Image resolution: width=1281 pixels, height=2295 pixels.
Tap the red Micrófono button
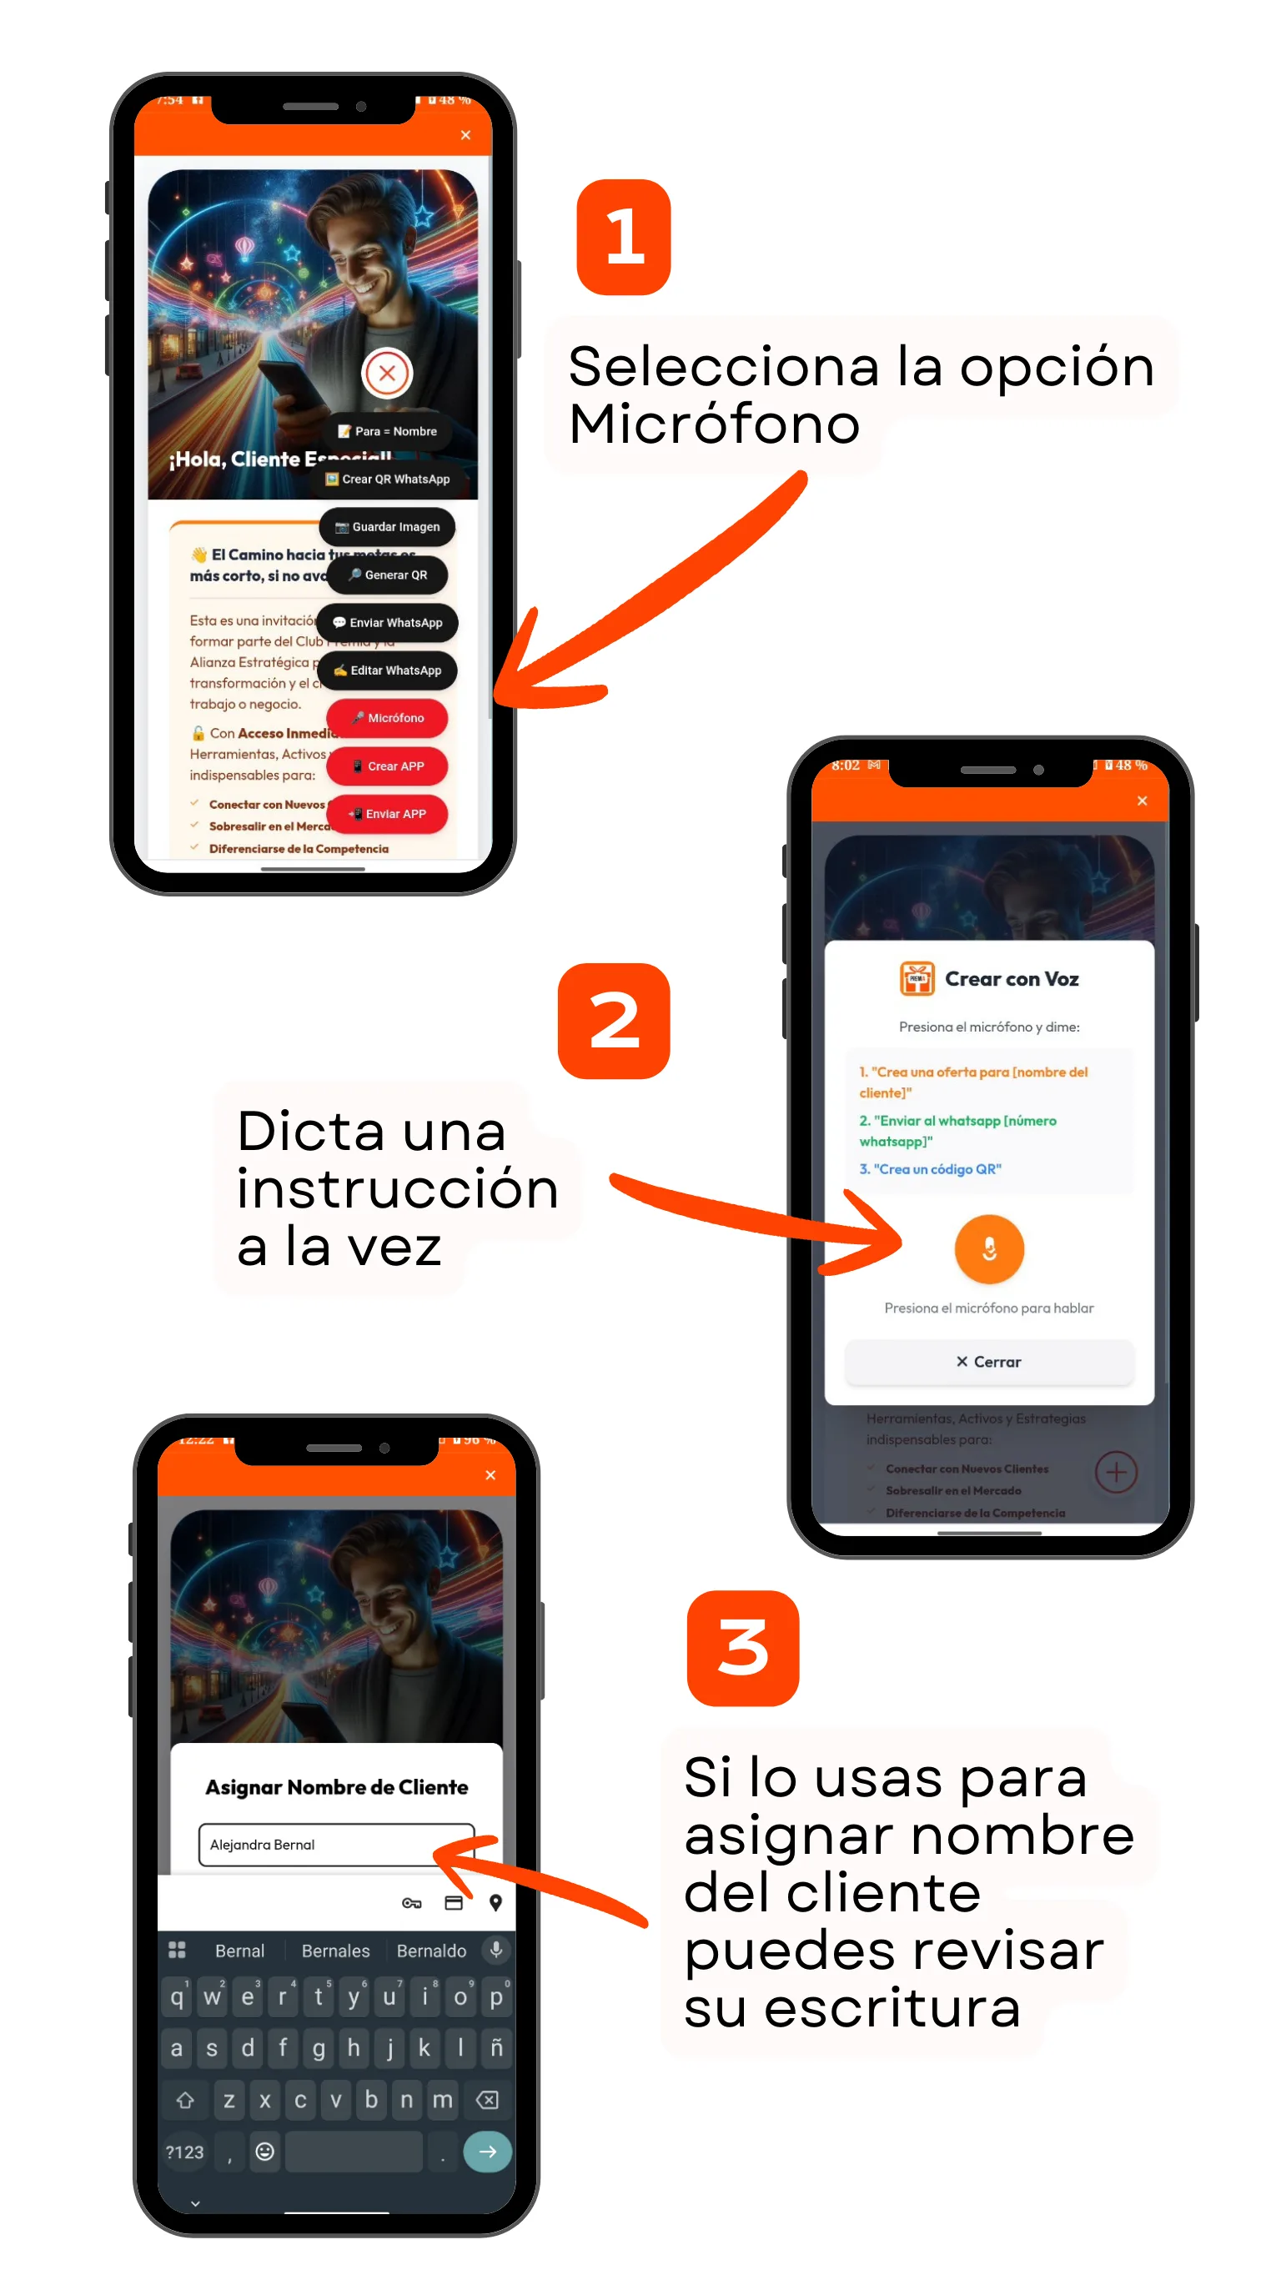pyautogui.click(x=387, y=718)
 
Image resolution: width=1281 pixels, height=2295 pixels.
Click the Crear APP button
pyautogui.click(x=387, y=766)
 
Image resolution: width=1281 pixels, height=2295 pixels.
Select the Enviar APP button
pyautogui.click(x=387, y=814)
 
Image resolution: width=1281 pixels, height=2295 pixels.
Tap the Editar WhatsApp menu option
pyautogui.click(x=387, y=670)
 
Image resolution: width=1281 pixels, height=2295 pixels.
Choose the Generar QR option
pyautogui.click(x=387, y=575)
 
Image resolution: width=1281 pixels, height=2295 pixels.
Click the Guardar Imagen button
pyautogui.click(x=387, y=527)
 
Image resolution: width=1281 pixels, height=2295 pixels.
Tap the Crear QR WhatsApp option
pyautogui.click(x=387, y=480)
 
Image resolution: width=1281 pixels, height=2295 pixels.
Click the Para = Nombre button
pyautogui.click(x=387, y=431)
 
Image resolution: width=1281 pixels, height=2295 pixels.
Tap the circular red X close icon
pyautogui.click(x=387, y=374)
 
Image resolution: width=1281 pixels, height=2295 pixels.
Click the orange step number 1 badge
pyautogui.click(x=624, y=237)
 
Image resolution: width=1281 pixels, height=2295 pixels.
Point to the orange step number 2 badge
pyautogui.click(x=614, y=1021)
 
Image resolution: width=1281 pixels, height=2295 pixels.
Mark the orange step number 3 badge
pyautogui.click(x=743, y=1648)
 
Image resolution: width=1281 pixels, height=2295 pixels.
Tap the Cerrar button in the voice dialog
pyautogui.click(x=989, y=1362)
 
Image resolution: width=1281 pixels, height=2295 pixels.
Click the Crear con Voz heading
pyautogui.click(x=1010, y=979)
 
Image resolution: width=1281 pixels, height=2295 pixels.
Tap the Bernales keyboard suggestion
pyautogui.click(x=335, y=1951)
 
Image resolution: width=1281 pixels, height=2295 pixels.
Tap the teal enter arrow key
pyautogui.click(x=487, y=2152)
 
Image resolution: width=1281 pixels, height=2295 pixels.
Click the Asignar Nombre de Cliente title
pyautogui.click(x=337, y=1788)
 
